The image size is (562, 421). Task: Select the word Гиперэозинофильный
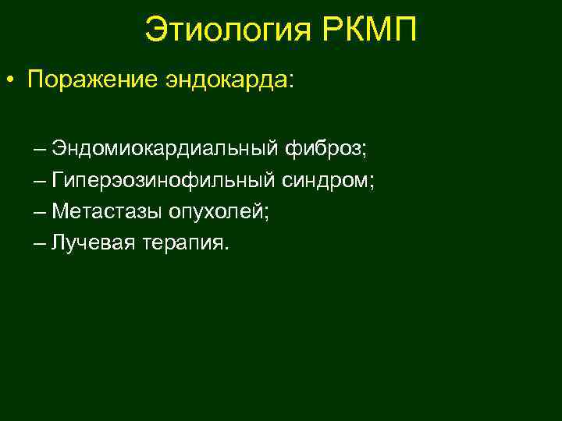(163, 181)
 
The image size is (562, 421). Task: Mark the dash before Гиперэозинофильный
(41, 182)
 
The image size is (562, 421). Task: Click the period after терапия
(228, 249)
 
